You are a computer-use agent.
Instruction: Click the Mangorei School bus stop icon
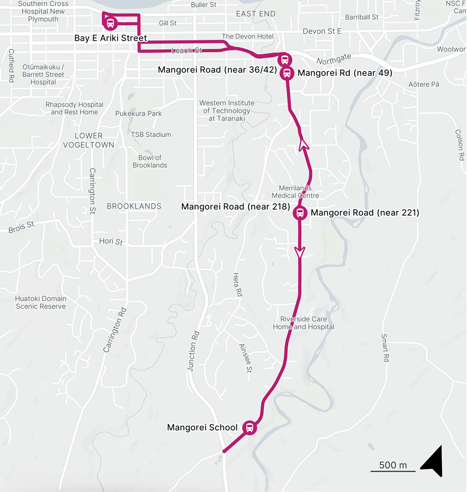tap(249, 428)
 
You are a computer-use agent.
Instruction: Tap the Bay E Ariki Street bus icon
tap(110, 23)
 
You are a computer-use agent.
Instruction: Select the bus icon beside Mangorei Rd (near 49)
tap(287, 73)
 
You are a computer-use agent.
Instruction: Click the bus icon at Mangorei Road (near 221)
tap(300, 213)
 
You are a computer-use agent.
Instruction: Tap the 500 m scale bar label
tap(393, 465)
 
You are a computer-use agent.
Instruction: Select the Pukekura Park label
tap(138, 114)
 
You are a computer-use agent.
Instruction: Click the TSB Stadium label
tap(151, 135)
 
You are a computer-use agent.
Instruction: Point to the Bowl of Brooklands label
tap(150, 162)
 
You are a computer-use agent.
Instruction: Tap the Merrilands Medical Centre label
tap(295, 192)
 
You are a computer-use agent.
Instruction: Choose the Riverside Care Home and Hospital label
tap(304, 323)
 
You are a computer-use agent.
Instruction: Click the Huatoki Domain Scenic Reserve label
tap(41, 302)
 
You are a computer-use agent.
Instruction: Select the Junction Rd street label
tap(193, 351)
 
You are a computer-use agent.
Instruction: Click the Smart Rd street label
tap(385, 347)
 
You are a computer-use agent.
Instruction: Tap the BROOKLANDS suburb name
tap(134, 206)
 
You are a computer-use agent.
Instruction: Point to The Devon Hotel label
tap(247, 37)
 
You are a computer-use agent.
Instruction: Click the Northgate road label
tap(334, 59)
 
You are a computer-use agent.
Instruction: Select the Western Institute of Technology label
tap(227, 111)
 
